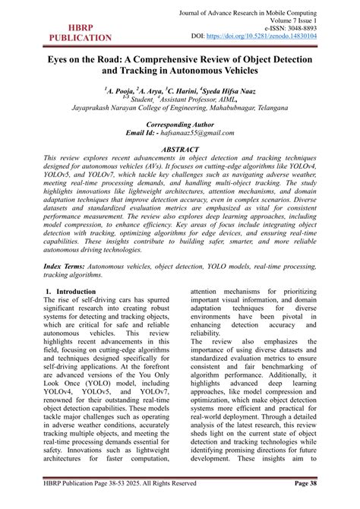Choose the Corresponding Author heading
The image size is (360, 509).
point(180,123)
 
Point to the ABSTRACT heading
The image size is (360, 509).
point(180,150)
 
